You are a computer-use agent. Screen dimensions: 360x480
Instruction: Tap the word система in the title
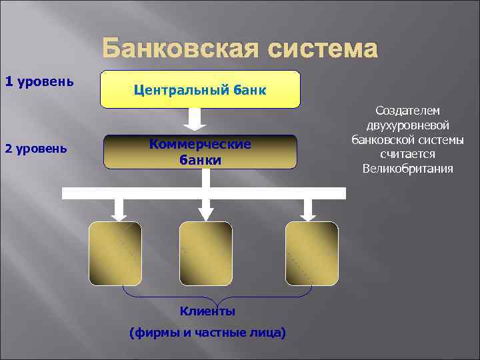tap(321, 49)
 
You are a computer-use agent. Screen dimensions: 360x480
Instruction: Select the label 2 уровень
tap(35, 148)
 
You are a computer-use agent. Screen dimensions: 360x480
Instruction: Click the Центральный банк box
tap(200, 89)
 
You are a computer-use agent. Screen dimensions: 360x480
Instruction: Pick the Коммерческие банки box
tap(200, 152)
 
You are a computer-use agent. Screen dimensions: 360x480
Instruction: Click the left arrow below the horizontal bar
tap(119, 209)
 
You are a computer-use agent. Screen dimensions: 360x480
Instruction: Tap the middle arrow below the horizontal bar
tap(206, 209)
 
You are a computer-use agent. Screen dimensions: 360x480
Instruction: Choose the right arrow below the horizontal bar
tap(307, 209)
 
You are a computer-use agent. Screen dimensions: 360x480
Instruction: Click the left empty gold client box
tap(115, 253)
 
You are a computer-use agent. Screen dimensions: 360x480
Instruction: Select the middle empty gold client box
tap(206, 253)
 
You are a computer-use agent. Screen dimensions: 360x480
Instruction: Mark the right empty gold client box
tap(311, 253)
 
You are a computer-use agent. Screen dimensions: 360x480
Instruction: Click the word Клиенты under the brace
tap(207, 311)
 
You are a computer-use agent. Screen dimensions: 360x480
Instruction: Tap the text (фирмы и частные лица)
tap(207, 332)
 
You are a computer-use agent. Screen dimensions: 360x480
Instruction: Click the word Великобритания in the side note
tap(407, 169)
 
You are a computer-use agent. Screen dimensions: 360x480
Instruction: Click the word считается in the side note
tap(407, 154)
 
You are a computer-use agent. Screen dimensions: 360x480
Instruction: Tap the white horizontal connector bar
tap(204, 193)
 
